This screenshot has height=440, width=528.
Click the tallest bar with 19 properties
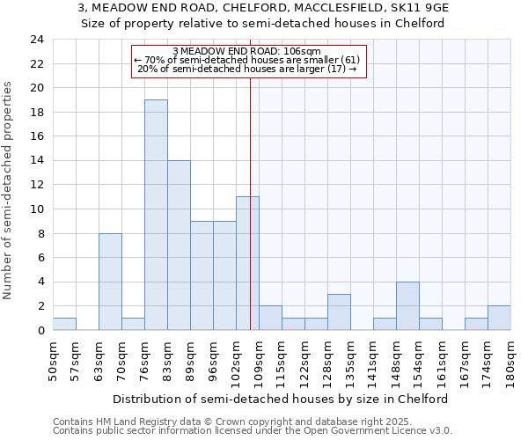coord(156,215)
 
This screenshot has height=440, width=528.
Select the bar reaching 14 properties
coord(179,246)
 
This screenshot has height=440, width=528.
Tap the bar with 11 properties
coord(247,263)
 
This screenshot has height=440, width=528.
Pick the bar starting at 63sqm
coord(110,282)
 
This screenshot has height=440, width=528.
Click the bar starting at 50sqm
coord(64,324)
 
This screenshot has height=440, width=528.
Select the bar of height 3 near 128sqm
coord(339,312)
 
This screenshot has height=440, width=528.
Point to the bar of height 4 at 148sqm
coord(407,305)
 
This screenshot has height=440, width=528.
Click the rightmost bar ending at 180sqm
coord(499,318)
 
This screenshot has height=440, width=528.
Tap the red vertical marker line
coord(251,176)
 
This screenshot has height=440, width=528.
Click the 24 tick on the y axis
coord(36,40)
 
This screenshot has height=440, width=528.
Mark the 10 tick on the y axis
coord(36,209)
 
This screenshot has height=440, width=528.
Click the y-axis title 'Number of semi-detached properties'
coord(9,190)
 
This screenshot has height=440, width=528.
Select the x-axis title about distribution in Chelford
coord(281,399)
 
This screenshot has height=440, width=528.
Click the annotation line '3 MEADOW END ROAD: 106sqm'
coord(247,51)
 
